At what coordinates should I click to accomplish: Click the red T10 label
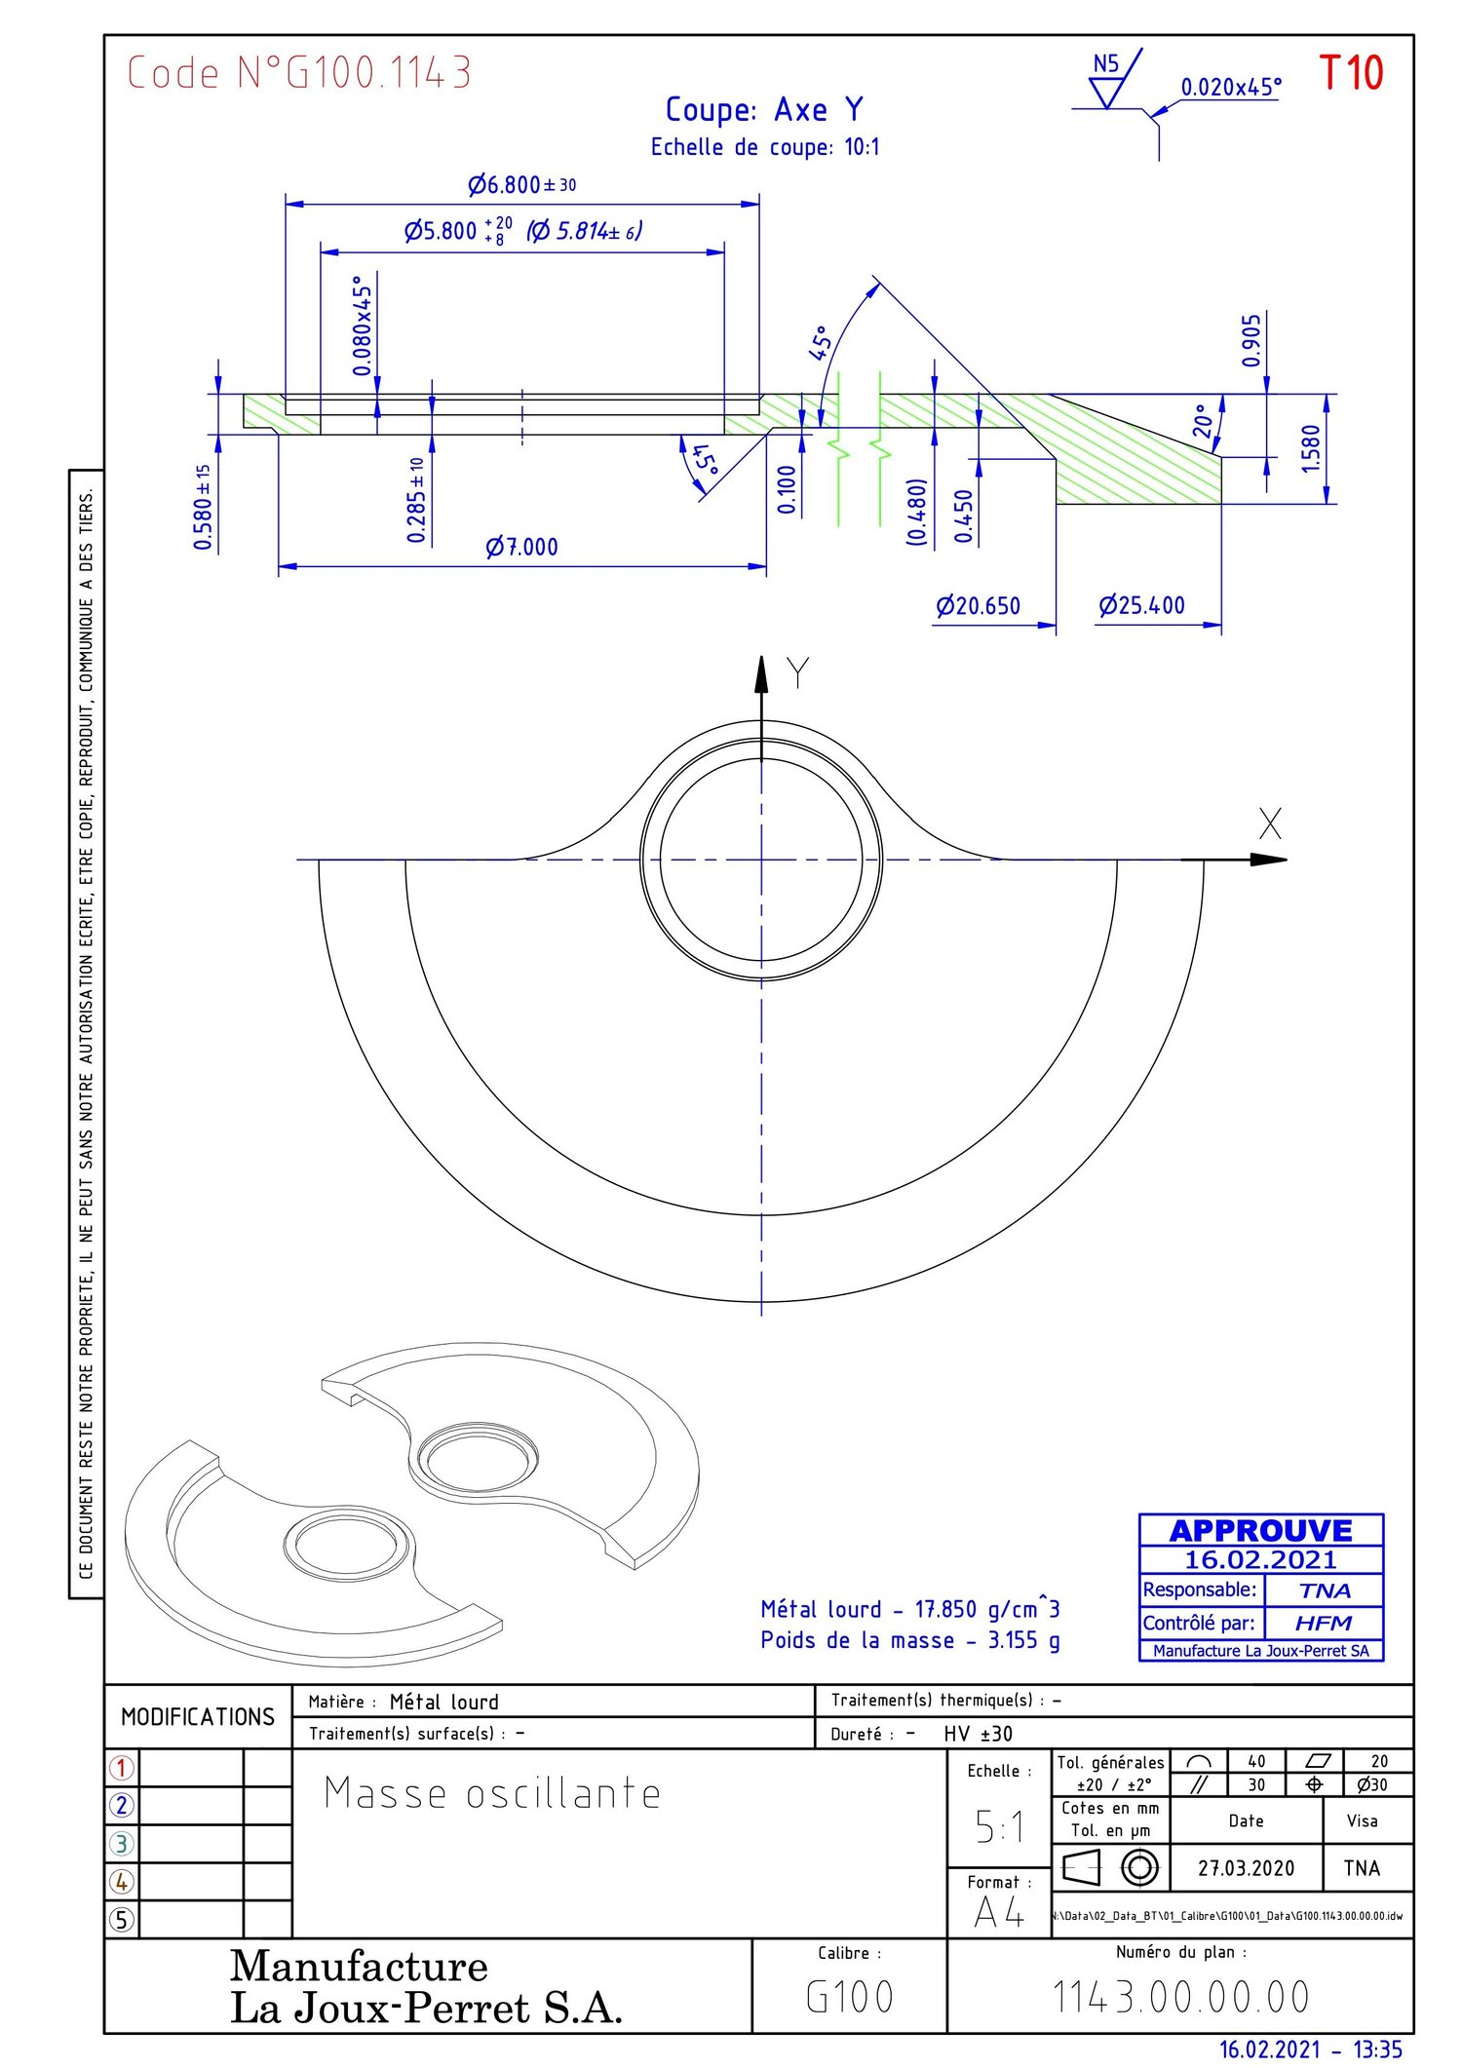(1351, 73)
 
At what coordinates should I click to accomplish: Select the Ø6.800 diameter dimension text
(521, 184)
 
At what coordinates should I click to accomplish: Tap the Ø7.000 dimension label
(522, 547)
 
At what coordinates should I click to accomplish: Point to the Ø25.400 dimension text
(1141, 605)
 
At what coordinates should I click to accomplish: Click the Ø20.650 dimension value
(978, 606)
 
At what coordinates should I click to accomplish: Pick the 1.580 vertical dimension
(1311, 448)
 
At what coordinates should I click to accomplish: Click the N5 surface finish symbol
(1106, 78)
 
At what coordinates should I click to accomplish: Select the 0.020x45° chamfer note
(1231, 87)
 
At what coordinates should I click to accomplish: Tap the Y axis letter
(797, 673)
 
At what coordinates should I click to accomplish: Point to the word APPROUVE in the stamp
(1260, 1530)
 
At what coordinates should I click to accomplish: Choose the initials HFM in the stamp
(1323, 1623)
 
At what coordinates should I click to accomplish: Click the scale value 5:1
(999, 1826)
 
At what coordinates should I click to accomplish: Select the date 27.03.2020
(1246, 1868)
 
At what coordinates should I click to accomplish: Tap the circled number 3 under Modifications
(122, 1843)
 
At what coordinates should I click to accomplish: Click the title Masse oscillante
(492, 1794)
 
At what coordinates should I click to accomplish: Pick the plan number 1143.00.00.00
(1180, 1997)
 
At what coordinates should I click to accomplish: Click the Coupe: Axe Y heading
(764, 110)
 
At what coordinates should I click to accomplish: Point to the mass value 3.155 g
(1023, 1640)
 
